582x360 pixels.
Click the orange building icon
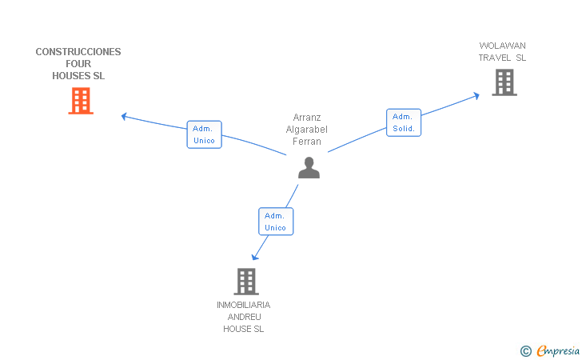81,101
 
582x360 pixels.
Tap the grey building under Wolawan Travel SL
504,82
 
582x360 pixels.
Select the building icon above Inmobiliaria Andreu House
246,282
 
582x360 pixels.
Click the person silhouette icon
309,167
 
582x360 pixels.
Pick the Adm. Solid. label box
404,122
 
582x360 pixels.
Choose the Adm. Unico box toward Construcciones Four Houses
204,134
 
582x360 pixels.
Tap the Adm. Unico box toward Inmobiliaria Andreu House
276,222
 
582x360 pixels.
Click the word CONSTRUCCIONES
78,52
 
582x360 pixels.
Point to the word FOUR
78,64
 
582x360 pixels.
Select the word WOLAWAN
502,46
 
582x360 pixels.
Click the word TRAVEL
494,58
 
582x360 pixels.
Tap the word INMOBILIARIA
244,305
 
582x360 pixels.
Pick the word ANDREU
245,317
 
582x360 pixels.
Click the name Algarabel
307,130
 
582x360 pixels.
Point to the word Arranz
307,118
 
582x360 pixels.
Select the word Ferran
307,142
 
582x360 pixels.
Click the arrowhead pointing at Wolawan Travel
476,96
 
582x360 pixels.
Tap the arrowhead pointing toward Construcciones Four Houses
125,116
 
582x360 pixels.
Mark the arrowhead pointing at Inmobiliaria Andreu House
254,257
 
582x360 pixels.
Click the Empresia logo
550,351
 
